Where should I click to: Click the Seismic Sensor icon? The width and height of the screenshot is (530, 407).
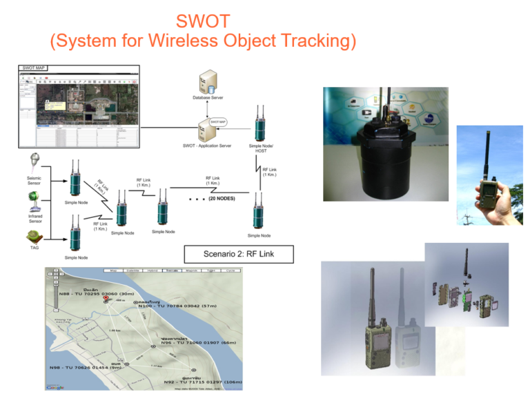tap(35, 164)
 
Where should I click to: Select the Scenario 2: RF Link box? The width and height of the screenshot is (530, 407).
tap(238, 254)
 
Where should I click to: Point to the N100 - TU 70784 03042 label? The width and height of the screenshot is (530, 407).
tap(177, 305)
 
